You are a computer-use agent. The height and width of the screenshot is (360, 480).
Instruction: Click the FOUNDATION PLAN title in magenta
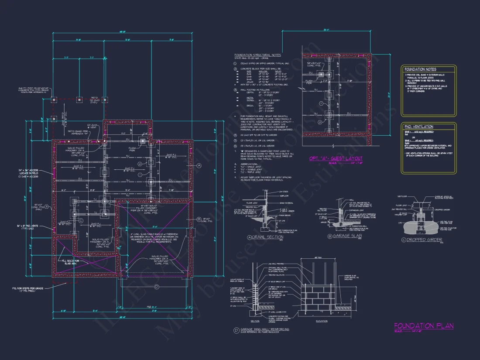424,326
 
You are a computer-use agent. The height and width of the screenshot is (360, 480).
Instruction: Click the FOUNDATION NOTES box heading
420,69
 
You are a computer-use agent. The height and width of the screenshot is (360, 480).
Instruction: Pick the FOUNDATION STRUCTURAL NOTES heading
257,55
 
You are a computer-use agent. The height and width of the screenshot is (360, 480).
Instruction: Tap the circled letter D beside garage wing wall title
236,329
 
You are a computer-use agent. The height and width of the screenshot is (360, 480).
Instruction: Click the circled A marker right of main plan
198,166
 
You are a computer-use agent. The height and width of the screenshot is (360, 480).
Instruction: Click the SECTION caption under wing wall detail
255,321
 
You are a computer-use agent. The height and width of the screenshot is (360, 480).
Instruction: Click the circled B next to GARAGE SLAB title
329,236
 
